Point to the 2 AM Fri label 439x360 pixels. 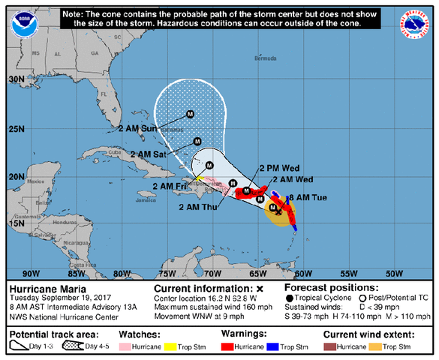[x=170, y=186]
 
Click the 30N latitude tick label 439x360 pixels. [x=15, y=79]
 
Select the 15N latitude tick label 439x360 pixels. [x=15, y=223]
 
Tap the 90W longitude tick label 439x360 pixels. [x=32, y=272]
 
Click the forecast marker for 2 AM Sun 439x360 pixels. [x=190, y=114]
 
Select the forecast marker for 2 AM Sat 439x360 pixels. [x=197, y=141]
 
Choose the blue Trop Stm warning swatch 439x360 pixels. [x=281, y=347]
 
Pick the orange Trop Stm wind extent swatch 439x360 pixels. [x=383, y=347]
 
